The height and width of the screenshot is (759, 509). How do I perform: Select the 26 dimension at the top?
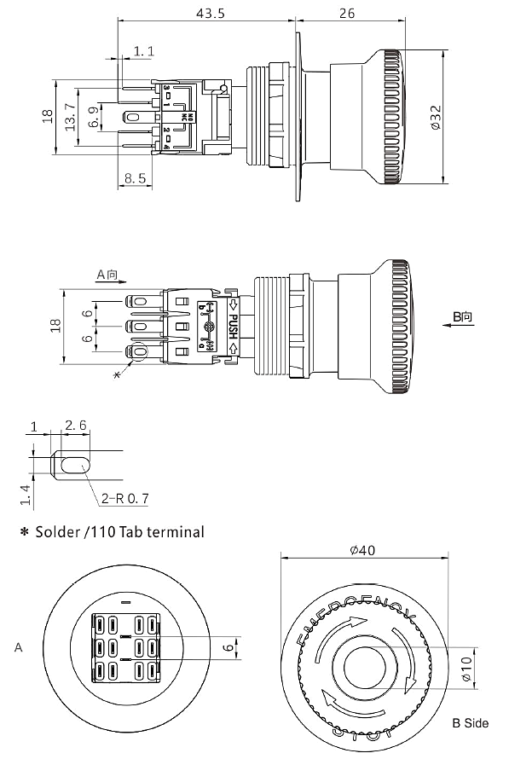(371, 14)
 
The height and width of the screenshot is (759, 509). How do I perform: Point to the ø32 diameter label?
(436, 116)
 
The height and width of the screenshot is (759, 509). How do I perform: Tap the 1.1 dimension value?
(144, 52)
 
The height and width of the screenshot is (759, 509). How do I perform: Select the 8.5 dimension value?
(134, 179)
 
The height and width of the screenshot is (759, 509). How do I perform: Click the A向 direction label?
(111, 275)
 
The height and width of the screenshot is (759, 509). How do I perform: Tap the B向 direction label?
(462, 316)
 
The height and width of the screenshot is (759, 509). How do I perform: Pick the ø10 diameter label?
(466, 669)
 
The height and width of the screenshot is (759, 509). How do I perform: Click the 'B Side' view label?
(471, 722)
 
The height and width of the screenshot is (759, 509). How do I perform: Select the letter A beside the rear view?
(18, 648)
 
